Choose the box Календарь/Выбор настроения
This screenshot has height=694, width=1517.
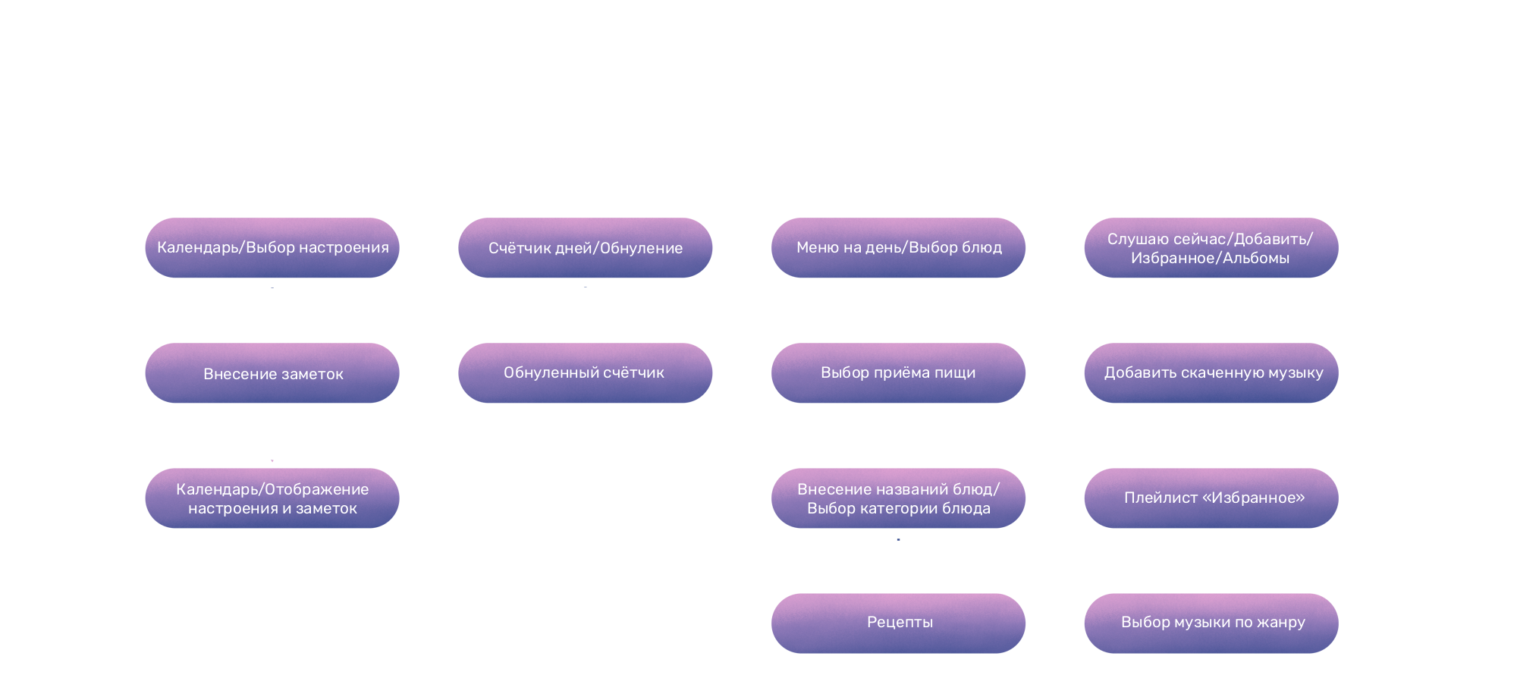(272, 248)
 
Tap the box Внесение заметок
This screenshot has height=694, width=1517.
(272, 373)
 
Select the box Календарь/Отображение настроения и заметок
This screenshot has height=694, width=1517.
(272, 498)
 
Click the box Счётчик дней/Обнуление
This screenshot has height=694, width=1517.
(586, 248)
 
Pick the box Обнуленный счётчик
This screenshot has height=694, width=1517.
(586, 373)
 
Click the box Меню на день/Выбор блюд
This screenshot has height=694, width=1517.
(899, 248)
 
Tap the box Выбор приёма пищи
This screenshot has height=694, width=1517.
(899, 373)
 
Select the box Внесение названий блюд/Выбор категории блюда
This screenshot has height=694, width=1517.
(899, 498)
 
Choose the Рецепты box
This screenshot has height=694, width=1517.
(899, 623)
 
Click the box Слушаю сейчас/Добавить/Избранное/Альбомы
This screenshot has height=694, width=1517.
(1211, 248)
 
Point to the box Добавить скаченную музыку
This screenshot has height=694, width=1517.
(1212, 373)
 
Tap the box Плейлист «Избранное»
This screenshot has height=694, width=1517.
(1212, 498)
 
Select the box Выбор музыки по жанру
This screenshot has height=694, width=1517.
(1212, 623)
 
